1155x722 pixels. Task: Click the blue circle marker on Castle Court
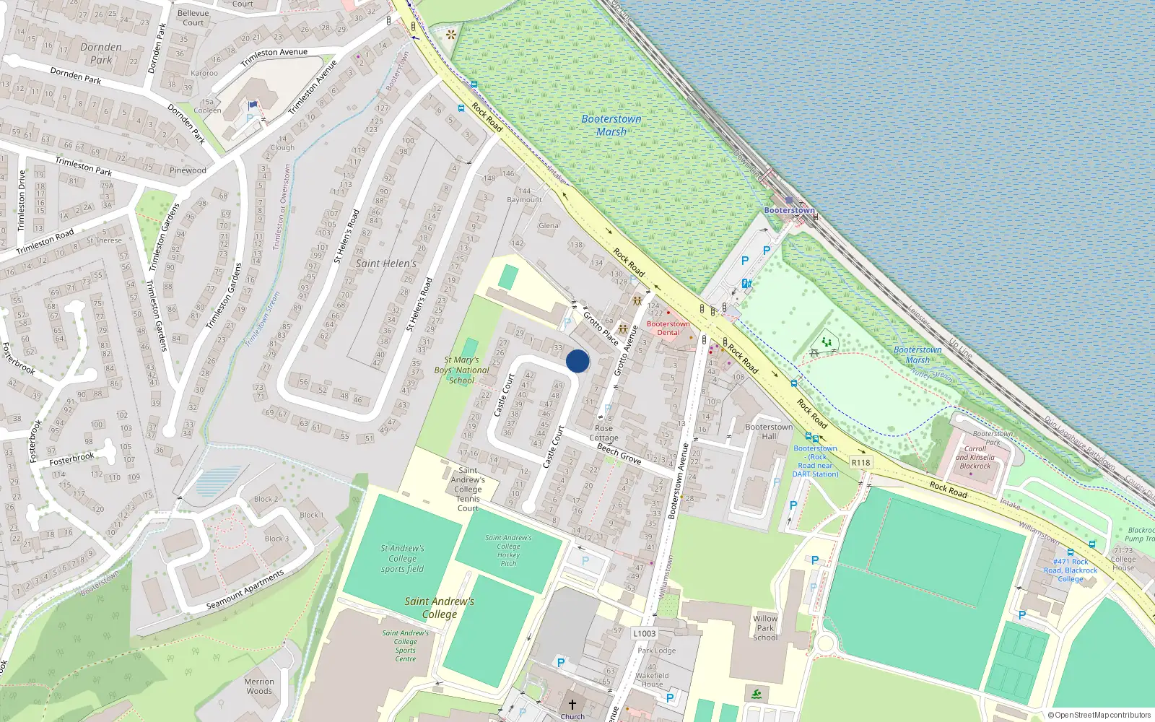point(577,361)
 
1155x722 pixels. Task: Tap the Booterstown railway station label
point(789,210)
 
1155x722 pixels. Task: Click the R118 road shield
point(860,463)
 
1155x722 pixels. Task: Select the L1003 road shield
point(645,634)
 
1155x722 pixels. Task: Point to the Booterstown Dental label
point(668,329)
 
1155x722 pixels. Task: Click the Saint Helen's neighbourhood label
point(385,264)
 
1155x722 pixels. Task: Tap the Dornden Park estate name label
point(101,53)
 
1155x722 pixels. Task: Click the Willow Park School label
point(765,628)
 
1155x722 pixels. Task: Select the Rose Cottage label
point(603,433)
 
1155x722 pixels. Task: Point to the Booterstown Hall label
point(769,431)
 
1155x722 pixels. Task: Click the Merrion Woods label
point(259,686)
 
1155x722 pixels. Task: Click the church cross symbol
point(572,704)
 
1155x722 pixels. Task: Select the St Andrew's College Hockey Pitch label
point(508,550)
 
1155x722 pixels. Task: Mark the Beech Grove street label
point(619,453)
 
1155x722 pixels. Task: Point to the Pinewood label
point(188,170)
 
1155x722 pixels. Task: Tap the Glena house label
point(548,225)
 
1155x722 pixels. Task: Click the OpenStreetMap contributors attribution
point(1099,715)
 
